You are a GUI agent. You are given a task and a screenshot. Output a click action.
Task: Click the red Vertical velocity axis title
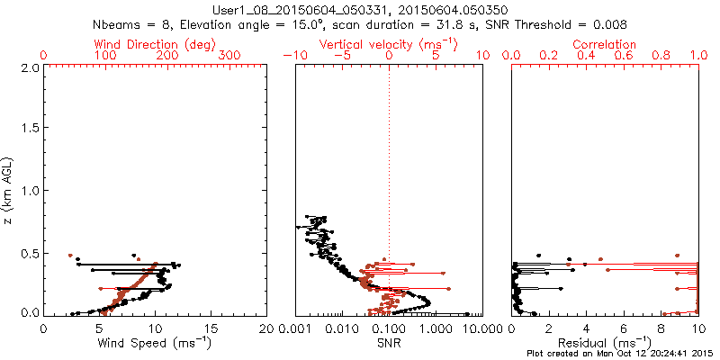click(388, 44)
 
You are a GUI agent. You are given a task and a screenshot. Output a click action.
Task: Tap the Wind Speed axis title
click(155, 342)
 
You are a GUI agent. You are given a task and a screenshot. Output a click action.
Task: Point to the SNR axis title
click(389, 342)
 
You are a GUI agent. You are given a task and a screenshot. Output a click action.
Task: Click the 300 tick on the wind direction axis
click(230, 56)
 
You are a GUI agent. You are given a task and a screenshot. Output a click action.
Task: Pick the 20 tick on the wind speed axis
click(266, 328)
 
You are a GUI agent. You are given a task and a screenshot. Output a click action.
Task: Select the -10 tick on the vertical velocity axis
click(293, 56)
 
